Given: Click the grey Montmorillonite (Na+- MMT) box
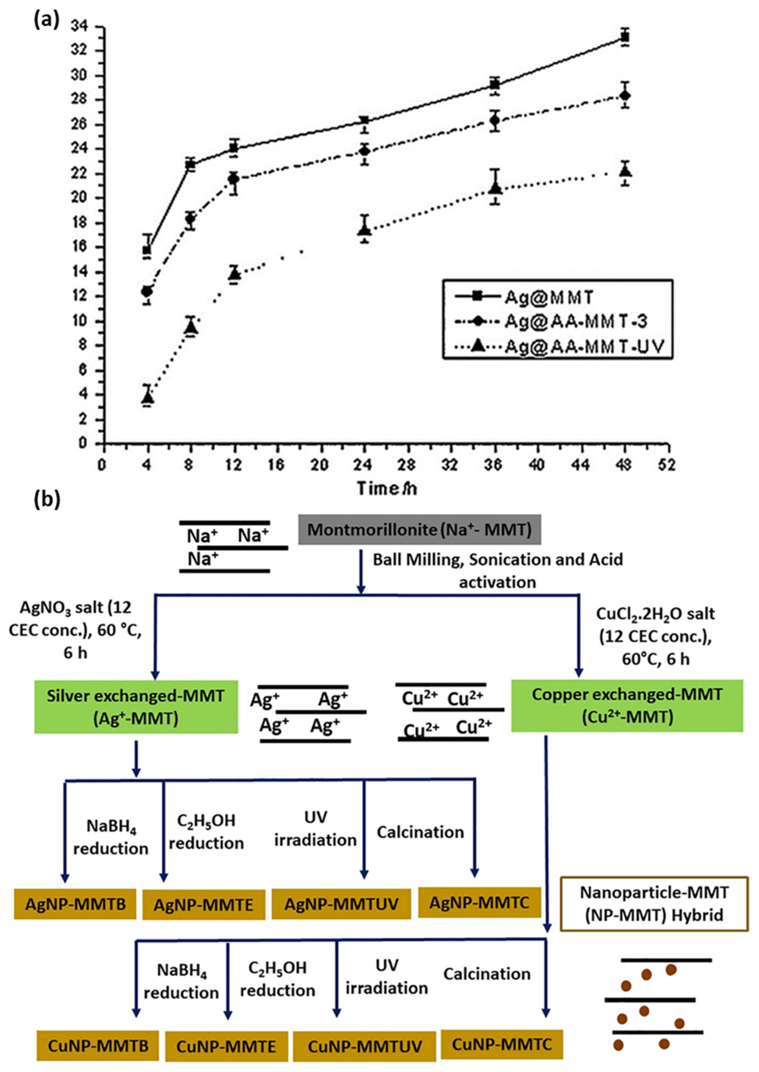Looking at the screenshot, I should pyautogui.click(x=419, y=530).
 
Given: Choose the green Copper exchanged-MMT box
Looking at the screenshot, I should pyautogui.click(x=627, y=705).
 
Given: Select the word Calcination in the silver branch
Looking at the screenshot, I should pyautogui.click(x=420, y=832).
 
